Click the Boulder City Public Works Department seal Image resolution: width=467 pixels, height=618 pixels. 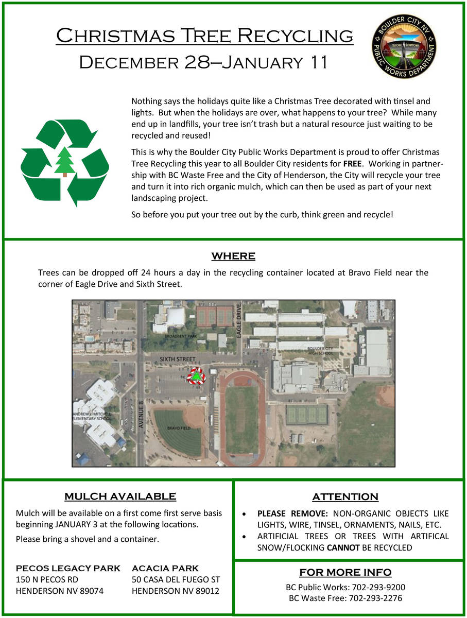point(405,46)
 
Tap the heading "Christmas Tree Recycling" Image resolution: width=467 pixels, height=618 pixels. point(204,36)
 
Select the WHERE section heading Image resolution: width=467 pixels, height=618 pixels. point(233,256)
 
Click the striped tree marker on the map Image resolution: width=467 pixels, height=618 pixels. point(196,376)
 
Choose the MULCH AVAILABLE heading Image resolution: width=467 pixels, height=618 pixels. point(120,496)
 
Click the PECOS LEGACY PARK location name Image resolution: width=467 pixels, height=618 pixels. point(68,569)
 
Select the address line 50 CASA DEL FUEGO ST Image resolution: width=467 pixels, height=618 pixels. point(176,580)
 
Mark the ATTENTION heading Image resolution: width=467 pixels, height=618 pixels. point(345,497)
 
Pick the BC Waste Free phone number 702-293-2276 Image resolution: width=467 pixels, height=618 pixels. point(375,598)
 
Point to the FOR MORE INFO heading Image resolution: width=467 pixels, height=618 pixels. point(345,572)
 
